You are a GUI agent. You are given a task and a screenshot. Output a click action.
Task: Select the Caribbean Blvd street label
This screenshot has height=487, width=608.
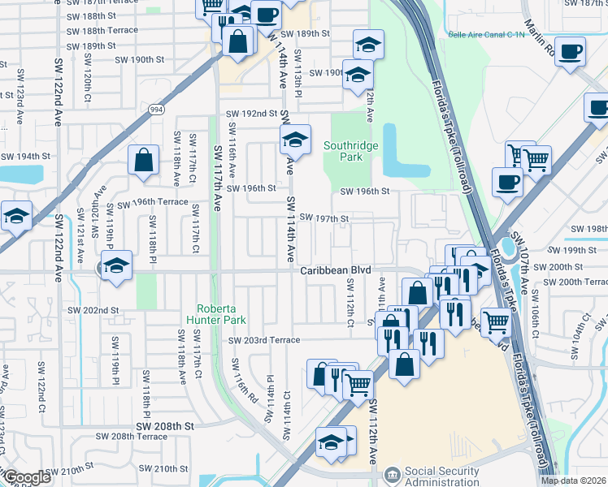pos(335,270)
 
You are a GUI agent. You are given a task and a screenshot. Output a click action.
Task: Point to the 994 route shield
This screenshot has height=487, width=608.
pos(153,107)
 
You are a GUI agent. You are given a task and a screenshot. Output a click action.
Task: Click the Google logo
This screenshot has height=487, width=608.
pos(26,478)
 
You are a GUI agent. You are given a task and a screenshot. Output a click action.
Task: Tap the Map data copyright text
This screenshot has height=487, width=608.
pos(573,481)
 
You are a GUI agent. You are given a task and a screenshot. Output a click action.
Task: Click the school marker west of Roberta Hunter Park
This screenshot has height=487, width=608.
pos(116,266)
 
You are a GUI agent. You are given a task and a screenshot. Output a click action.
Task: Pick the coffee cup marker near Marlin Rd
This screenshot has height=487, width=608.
pos(570,52)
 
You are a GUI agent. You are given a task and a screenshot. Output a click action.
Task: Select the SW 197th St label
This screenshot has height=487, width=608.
pos(324,218)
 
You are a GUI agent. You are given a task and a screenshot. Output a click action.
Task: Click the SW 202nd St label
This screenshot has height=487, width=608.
pos(93,310)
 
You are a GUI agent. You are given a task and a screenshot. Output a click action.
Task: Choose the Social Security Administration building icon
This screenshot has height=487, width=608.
pos(393,473)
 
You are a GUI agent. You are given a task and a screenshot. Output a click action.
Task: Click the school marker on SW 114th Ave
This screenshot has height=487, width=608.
pos(295,140)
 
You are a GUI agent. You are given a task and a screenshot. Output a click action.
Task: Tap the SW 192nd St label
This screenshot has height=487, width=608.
pos(251,114)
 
